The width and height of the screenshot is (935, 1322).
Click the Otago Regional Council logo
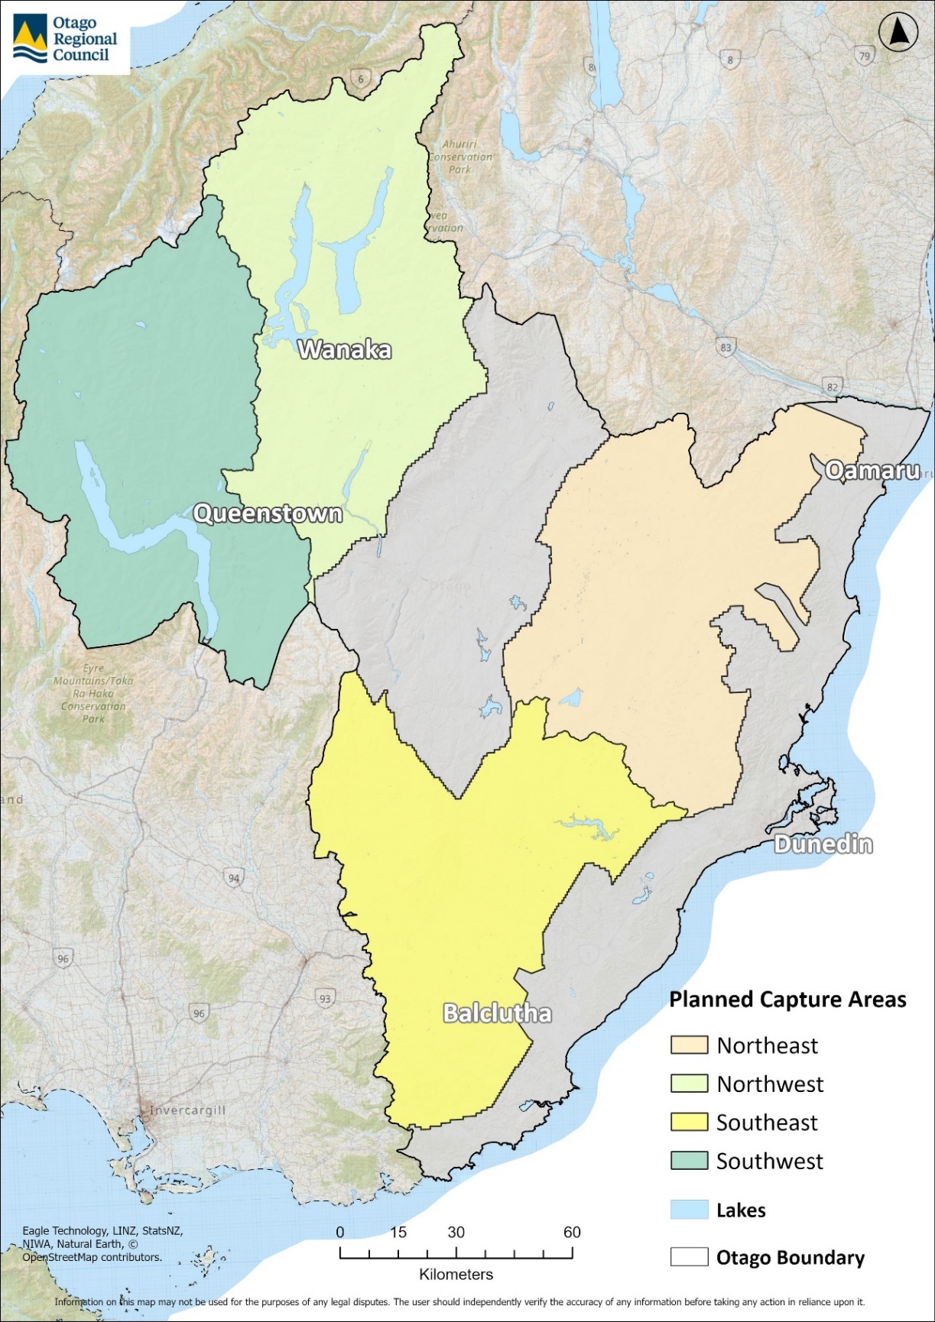[x=65, y=39]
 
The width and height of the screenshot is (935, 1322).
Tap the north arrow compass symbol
[x=898, y=33]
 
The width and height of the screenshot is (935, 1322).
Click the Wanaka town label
[x=345, y=350]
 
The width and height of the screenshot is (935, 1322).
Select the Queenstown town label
[x=268, y=514]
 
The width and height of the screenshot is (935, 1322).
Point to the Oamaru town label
[x=872, y=471]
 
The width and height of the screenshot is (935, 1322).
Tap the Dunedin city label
[x=823, y=844]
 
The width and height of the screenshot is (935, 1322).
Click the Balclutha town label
[x=498, y=1014]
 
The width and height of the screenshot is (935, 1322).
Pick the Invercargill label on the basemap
[x=187, y=1110]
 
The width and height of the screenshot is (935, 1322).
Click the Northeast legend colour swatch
[x=689, y=1045]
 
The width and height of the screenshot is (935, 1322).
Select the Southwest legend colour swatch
[x=689, y=1161]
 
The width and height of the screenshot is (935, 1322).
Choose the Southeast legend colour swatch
[x=689, y=1123]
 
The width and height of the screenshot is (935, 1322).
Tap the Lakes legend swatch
[x=689, y=1210]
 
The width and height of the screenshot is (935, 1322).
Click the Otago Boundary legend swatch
[x=689, y=1257]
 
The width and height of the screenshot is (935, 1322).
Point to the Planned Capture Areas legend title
[x=787, y=1000]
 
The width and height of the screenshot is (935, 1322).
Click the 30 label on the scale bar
[x=456, y=1232]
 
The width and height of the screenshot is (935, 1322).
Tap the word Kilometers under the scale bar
[x=456, y=1275]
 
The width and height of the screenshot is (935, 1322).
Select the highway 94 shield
[x=234, y=878]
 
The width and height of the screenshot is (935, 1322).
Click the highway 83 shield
[x=726, y=348]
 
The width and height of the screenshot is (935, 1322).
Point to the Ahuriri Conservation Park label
[x=460, y=157]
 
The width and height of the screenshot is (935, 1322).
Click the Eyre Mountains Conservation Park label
[x=93, y=693]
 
